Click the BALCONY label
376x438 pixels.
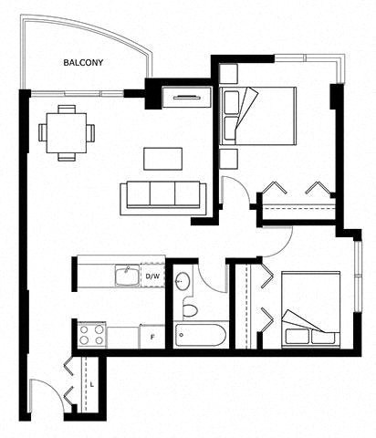(x=83, y=63)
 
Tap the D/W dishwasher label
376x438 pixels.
(x=152, y=276)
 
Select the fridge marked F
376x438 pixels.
(x=152, y=337)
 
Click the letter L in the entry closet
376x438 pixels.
(x=92, y=384)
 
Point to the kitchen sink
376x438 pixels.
(x=128, y=275)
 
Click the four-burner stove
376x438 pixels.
(x=91, y=335)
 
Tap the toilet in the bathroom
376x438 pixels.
(x=190, y=308)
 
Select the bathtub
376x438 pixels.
(x=200, y=335)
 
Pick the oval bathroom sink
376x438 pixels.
(x=183, y=282)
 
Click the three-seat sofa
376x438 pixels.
(x=163, y=198)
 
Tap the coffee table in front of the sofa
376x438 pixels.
(x=163, y=159)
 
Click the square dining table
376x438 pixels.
(x=67, y=133)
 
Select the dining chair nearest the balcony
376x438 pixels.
(x=67, y=109)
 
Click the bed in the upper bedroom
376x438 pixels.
(x=258, y=116)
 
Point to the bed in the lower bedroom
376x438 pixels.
(x=310, y=309)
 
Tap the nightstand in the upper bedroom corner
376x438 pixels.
(x=228, y=74)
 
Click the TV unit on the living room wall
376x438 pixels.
(x=187, y=97)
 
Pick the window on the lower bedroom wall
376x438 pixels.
(x=359, y=276)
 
